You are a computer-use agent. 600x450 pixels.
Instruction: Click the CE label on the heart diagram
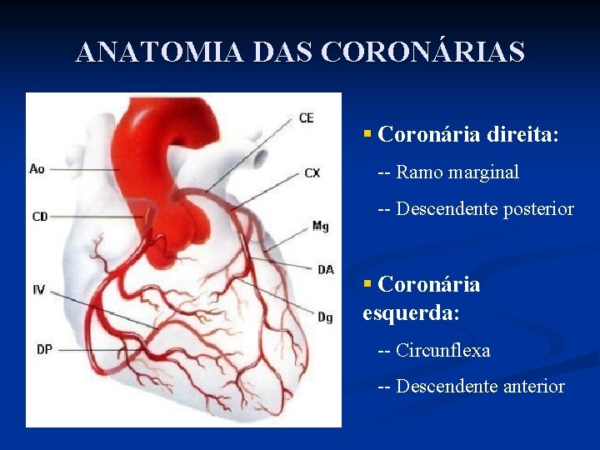pos(306,117)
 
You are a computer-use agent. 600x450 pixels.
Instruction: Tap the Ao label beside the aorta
pos(37,168)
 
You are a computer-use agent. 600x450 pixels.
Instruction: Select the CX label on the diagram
pos(312,173)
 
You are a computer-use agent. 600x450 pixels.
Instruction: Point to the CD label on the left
pos(40,217)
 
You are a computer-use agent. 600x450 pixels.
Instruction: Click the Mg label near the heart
pos(320,226)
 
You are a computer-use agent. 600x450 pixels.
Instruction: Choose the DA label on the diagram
pos(325,269)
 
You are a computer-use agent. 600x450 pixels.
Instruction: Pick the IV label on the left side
pos(39,290)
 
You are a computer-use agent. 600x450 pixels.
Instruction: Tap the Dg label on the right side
pos(325,317)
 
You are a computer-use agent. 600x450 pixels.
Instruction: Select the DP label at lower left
pos(43,350)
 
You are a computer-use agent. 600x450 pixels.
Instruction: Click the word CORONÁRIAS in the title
pos(422,52)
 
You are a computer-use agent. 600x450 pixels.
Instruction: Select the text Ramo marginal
pos(457,172)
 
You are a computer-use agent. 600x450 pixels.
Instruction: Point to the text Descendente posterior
pos(485,208)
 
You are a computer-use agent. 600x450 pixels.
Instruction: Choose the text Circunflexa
pos(443,350)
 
